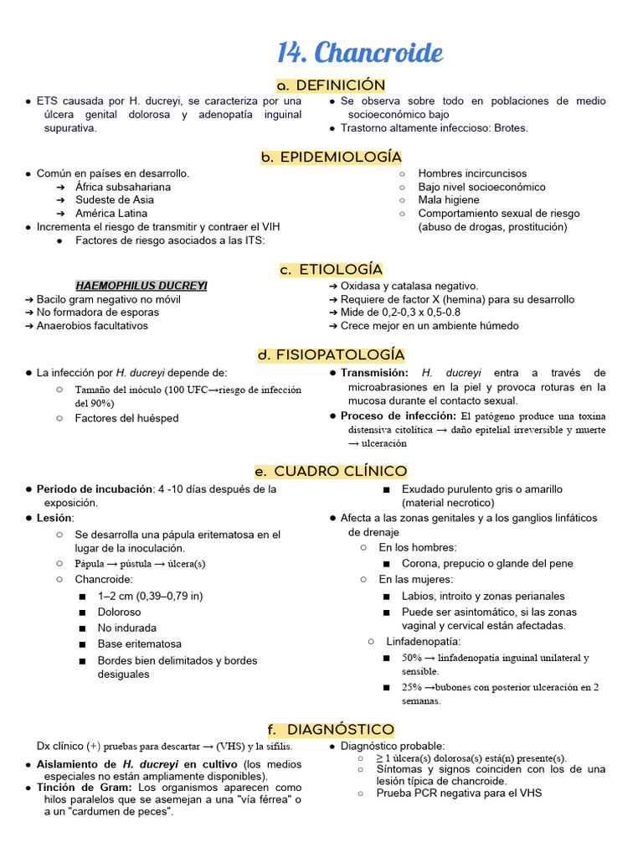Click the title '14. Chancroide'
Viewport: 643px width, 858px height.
359,53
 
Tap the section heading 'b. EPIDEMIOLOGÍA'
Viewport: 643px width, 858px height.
331,157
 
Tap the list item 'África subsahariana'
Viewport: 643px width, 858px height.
122,187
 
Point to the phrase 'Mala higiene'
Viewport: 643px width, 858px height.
449,199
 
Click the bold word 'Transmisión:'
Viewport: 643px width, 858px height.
374,373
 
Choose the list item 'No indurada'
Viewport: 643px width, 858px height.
126,628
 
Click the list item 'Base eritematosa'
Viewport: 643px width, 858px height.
139,644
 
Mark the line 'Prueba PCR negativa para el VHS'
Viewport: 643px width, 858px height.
459,793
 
